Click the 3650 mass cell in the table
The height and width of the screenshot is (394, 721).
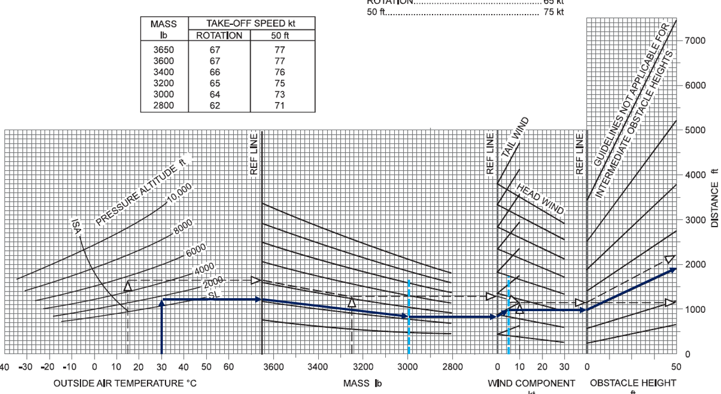click(164, 50)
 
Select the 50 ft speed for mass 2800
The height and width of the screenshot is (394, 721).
click(279, 105)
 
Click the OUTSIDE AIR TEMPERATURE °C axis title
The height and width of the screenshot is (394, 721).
click(125, 383)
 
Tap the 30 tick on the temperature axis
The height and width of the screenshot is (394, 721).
click(162, 366)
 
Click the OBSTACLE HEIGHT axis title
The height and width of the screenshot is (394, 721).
click(633, 383)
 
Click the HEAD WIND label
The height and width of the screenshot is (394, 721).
click(540, 199)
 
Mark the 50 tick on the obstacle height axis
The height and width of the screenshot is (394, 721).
click(676, 366)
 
